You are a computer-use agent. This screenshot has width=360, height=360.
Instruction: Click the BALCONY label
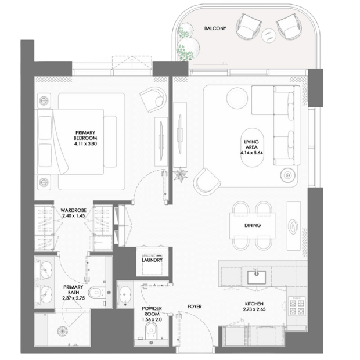(x=215, y=28)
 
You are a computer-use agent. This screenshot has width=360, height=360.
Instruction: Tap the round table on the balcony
(x=269, y=35)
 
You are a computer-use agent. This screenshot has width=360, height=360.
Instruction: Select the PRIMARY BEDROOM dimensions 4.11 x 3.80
(x=85, y=144)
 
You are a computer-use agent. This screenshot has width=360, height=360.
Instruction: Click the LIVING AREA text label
(x=251, y=145)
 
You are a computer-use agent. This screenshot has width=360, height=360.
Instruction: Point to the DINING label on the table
(x=253, y=225)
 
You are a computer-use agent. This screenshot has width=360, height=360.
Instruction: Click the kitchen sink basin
(x=256, y=277)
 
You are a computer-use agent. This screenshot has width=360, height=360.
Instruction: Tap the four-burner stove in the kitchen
(x=297, y=306)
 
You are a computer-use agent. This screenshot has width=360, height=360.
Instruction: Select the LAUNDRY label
(x=152, y=260)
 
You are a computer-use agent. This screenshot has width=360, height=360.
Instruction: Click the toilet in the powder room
(x=151, y=330)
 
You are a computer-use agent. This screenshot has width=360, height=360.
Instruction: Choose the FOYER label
(x=195, y=307)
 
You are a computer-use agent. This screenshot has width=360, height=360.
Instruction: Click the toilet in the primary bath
(x=97, y=293)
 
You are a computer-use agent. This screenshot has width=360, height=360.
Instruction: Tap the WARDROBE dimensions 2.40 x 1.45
(x=74, y=216)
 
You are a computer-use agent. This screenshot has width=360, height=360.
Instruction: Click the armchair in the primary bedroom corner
(x=153, y=99)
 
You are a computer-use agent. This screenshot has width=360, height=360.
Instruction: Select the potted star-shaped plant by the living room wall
(x=181, y=175)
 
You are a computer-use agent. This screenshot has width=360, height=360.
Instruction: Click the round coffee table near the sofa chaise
(x=237, y=98)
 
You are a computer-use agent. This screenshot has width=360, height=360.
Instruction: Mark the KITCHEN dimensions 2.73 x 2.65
(x=254, y=309)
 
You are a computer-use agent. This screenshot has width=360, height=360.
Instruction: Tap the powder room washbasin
(x=125, y=295)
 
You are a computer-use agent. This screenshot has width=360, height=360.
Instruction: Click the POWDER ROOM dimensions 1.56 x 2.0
(x=152, y=319)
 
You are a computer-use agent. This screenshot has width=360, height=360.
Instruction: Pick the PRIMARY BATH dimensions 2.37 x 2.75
(x=74, y=298)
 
